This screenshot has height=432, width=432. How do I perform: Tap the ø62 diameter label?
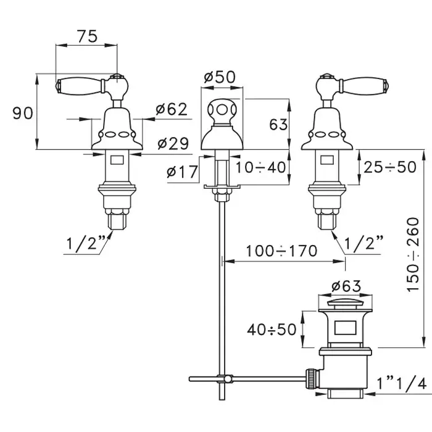171,110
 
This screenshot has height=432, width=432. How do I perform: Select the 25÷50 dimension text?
389,167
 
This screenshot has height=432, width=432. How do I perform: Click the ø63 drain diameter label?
346,286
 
